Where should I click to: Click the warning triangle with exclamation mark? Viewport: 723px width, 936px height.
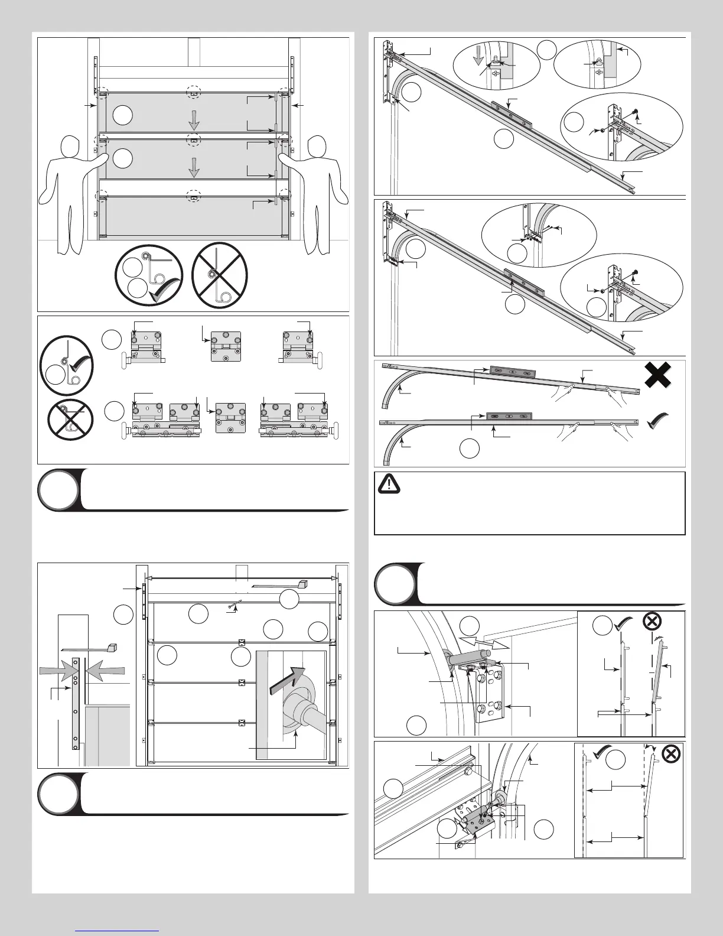(389, 484)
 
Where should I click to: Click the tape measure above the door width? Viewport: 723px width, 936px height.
(281, 585)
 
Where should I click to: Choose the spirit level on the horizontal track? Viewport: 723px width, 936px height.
(509, 417)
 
